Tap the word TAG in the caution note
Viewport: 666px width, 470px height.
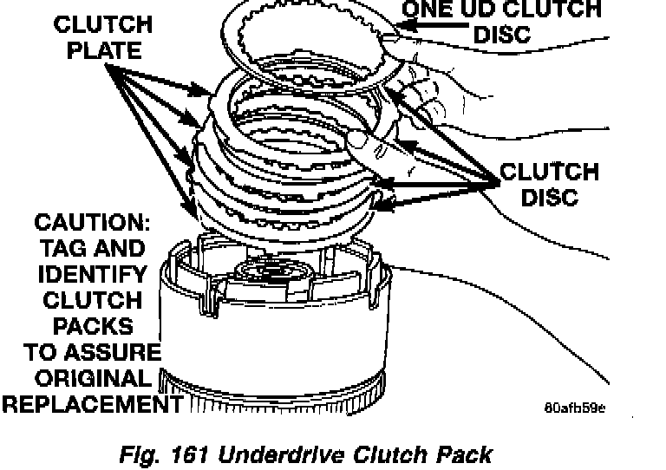62,248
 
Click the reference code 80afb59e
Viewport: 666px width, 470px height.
575,408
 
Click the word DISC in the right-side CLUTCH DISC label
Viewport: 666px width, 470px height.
550,197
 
